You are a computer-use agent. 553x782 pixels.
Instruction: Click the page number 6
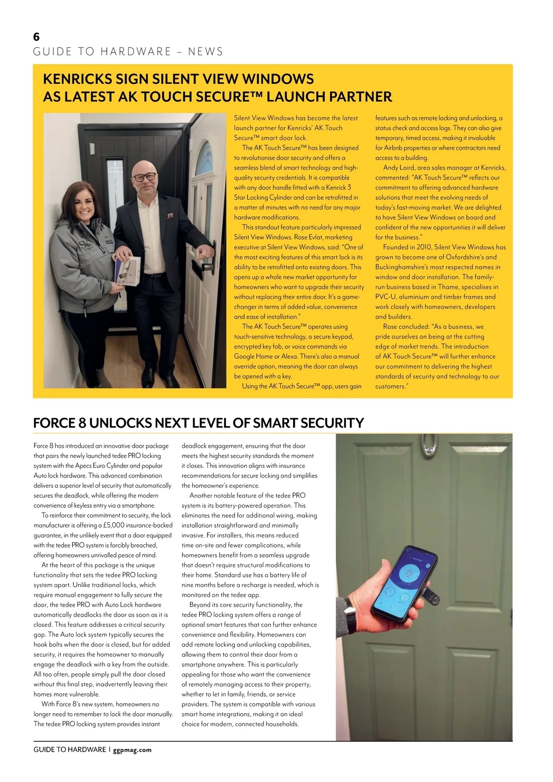[36, 37]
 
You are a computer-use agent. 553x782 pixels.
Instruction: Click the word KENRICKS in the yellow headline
[78, 79]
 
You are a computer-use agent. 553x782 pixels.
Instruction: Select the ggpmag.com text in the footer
[132, 750]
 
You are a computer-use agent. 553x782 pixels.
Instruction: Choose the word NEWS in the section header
[206, 52]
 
